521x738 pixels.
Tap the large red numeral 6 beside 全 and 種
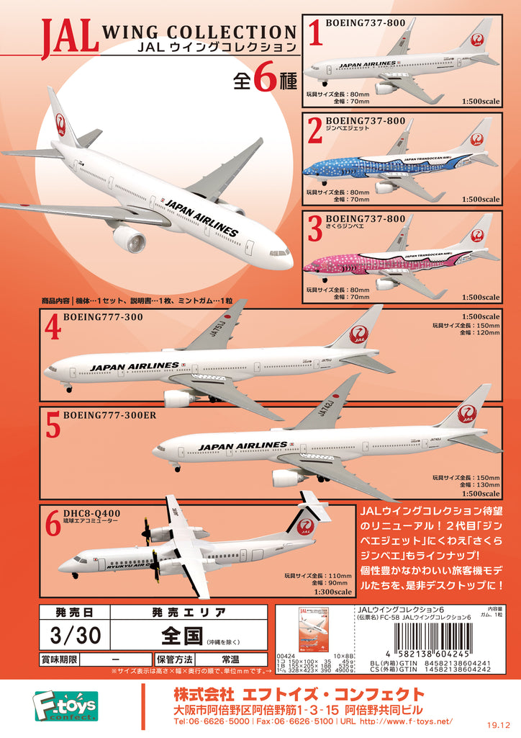pos(264,80)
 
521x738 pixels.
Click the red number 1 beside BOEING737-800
pos(314,35)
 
